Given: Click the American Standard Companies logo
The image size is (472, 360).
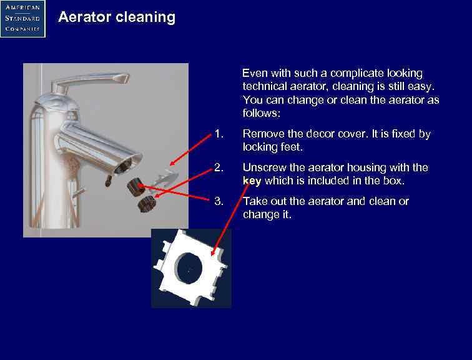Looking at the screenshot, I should coord(22,18).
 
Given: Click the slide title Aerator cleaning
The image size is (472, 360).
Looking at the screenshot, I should coord(117,17).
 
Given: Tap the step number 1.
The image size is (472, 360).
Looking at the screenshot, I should coord(218,134).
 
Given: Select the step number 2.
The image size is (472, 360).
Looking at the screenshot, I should coord(218,167).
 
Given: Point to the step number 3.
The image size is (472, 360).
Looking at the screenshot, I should coord(218,201).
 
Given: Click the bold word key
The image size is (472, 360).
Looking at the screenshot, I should coord(252,181).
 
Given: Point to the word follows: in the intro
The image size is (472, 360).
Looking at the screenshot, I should coord(262,114).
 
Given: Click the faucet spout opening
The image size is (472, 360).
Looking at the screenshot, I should coord(124,164).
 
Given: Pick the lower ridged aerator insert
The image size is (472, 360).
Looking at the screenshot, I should coord(147,202).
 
